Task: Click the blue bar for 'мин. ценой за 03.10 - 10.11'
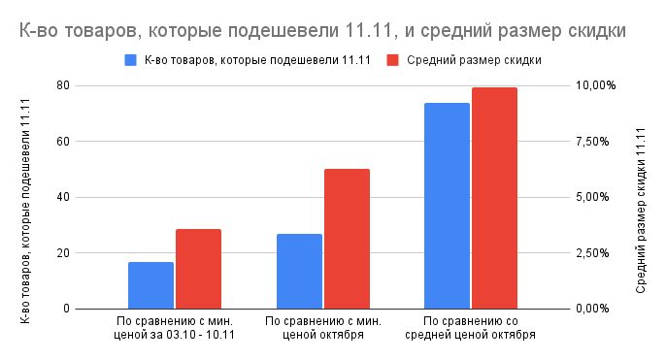pos(150,285)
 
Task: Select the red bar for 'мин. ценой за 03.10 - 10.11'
pos(198,269)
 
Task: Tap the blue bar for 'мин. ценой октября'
pos(299,272)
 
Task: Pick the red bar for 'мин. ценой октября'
pos(347,239)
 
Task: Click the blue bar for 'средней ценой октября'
pos(447,206)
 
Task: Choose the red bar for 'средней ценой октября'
pos(494,198)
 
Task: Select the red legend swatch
pos(393,60)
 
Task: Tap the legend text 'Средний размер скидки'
pos(474,60)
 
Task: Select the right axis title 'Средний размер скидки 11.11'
pos(641,197)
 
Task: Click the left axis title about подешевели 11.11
pos(25,197)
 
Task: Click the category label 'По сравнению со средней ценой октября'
pos(472,328)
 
